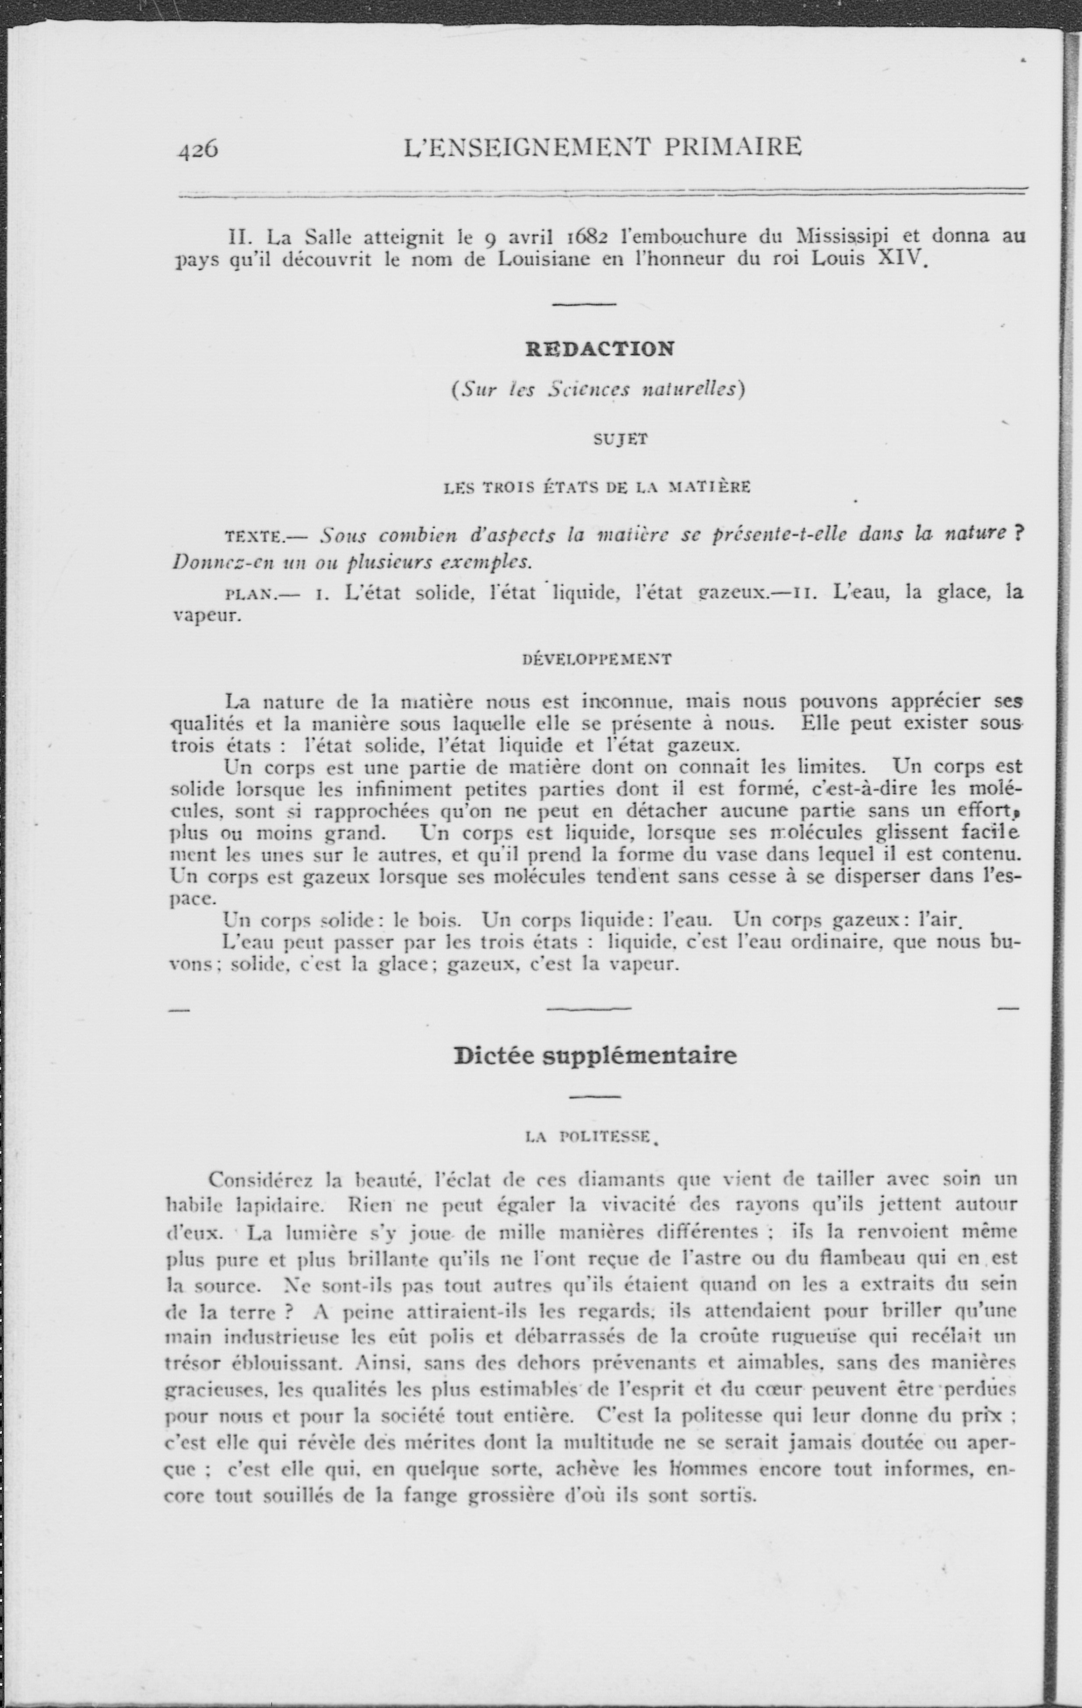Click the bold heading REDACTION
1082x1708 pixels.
point(600,349)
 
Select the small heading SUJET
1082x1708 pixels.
point(620,439)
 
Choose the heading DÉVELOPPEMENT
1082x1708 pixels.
point(596,659)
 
